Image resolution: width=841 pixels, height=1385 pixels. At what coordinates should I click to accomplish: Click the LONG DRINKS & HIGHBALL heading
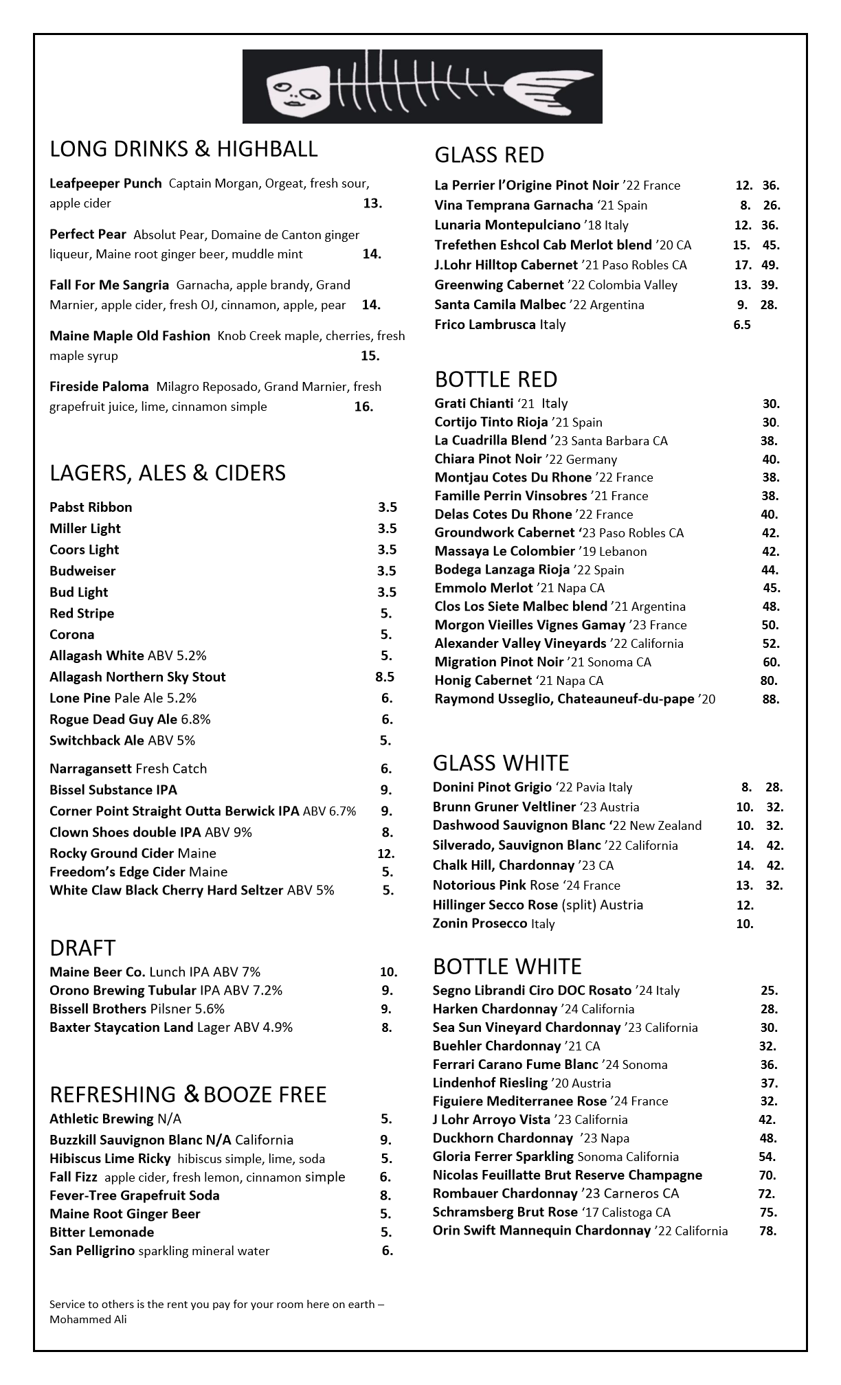point(183,149)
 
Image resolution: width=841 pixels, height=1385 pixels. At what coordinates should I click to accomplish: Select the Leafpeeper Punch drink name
point(105,183)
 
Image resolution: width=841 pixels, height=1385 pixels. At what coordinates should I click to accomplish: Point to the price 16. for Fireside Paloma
point(363,407)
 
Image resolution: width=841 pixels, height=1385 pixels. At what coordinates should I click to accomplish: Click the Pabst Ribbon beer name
point(91,508)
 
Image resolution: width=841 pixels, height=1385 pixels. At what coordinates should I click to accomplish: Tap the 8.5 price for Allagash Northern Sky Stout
point(385,677)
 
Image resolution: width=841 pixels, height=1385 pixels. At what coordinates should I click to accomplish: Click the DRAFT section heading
point(82,948)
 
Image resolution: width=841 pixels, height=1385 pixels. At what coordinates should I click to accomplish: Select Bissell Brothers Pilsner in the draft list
point(137,1009)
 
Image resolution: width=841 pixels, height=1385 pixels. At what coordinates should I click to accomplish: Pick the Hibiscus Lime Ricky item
point(110,1159)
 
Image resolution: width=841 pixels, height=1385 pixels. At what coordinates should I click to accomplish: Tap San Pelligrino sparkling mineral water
point(159,1251)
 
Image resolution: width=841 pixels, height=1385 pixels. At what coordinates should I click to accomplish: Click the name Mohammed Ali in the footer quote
point(88,1319)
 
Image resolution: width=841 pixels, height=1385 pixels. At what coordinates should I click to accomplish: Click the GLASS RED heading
point(489,155)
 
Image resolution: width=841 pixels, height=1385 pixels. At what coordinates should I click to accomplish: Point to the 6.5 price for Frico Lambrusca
point(742,325)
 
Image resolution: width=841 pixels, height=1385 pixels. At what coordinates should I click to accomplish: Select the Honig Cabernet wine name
point(483,681)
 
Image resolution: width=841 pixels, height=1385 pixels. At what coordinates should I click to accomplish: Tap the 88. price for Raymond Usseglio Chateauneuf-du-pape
point(771,699)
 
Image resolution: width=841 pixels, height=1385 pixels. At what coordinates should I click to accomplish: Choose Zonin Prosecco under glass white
point(493,924)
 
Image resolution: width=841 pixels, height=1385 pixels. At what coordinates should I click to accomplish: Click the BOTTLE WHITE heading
point(507,967)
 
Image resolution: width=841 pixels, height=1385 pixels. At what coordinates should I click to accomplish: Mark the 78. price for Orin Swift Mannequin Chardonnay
point(768,1230)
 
